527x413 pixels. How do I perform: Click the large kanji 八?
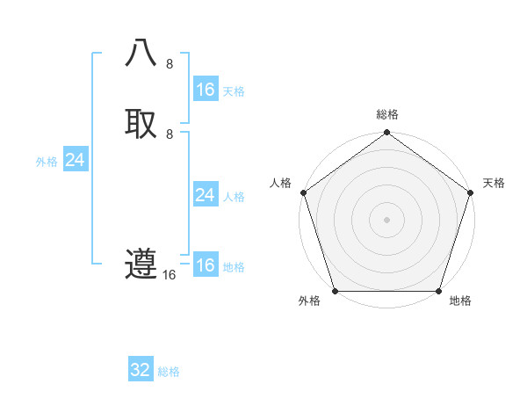[x=141, y=54]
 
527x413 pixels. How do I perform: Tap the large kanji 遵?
[x=141, y=264]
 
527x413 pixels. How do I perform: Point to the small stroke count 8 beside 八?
[x=170, y=64]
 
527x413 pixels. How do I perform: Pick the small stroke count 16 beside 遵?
[x=170, y=275]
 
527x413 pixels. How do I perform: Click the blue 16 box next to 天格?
[x=205, y=90]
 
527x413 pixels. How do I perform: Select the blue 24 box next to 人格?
[x=205, y=195]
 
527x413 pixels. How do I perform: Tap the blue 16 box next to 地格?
[x=205, y=265]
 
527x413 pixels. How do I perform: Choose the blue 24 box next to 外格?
[x=76, y=160]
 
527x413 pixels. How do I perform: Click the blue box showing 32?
[x=141, y=370]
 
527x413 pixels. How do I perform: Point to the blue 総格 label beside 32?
[x=169, y=372]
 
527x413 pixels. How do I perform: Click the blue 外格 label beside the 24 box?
[x=47, y=162]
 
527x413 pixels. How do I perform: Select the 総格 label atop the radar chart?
[x=387, y=114]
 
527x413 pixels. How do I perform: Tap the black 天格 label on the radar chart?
[x=495, y=183]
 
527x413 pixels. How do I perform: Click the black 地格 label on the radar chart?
[x=460, y=301]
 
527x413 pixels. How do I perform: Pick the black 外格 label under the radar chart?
[x=309, y=301]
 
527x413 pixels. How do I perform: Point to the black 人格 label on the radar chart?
[x=280, y=183]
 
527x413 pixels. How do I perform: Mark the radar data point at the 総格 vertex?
[x=386, y=134]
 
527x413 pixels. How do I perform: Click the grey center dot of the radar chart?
[x=386, y=219]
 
